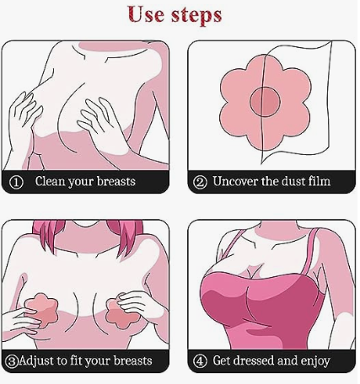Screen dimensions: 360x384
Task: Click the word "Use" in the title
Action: [x=146, y=14]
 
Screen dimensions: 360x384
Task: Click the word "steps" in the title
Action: [x=196, y=16]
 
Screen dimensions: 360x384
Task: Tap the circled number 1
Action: [x=16, y=183]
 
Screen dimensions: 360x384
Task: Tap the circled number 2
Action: [x=200, y=183]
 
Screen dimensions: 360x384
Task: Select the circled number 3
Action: [x=12, y=361]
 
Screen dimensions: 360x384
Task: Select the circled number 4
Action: [x=200, y=361]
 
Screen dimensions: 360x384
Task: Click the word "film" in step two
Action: [x=320, y=181]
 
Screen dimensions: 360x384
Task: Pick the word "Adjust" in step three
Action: [x=35, y=361]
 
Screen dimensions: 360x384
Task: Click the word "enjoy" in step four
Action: [x=315, y=362]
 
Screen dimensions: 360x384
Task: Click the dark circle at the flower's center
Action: [x=265, y=101]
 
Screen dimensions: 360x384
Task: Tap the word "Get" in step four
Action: [x=222, y=361]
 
